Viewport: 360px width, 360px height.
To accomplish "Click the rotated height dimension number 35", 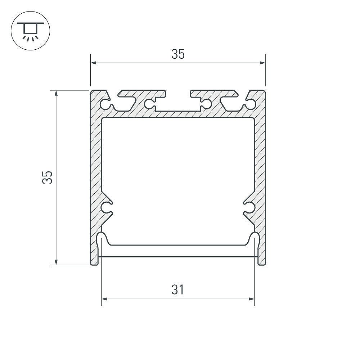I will (48, 177).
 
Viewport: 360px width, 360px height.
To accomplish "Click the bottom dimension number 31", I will (177, 289).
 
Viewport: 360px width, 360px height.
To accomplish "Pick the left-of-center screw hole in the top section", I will (149, 104).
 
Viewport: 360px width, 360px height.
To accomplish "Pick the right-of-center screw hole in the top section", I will (206, 104).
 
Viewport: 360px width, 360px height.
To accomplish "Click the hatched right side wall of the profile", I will (260, 162).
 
